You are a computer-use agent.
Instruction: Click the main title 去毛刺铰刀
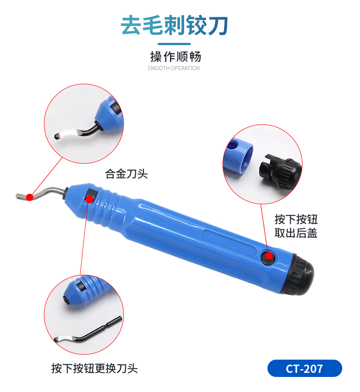pos(174,25)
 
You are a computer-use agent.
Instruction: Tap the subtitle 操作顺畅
pos(175,57)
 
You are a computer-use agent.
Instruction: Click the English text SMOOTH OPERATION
pos(174,68)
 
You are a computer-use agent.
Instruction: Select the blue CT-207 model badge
pos(304,368)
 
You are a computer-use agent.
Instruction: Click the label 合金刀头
pos(126,174)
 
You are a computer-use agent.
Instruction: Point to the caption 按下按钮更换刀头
pos(94,368)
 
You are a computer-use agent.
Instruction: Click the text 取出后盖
pos(296,233)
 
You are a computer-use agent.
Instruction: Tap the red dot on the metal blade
pos(30,197)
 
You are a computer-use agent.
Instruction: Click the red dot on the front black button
pos(89,199)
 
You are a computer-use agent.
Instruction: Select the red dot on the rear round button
pos(269,256)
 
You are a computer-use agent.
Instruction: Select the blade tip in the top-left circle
pos(57,136)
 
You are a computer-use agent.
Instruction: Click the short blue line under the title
pos(174,44)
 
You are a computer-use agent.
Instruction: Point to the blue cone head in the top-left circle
pos(110,115)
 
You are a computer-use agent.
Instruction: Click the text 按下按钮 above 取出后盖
pos(296,219)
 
